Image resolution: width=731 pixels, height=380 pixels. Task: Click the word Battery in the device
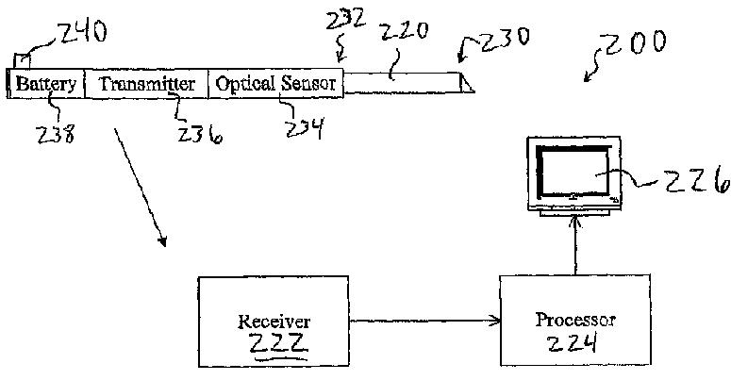[45, 85]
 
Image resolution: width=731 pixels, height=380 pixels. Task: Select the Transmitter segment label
[146, 85]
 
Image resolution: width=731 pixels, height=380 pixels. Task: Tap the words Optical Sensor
[275, 85]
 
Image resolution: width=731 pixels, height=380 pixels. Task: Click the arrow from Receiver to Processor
[424, 321]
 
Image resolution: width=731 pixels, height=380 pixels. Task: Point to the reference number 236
[200, 136]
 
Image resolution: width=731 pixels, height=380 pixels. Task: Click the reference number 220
[404, 34]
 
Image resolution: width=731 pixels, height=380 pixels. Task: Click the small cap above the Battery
[21, 60]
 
